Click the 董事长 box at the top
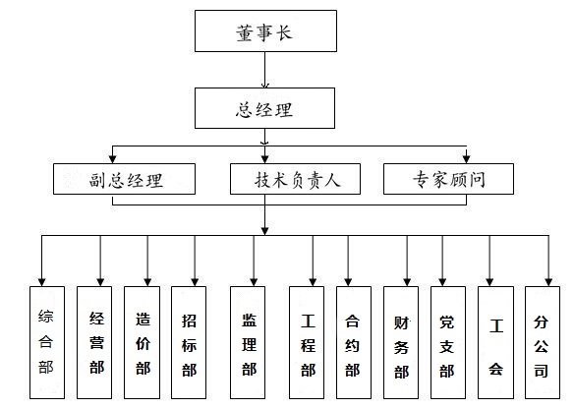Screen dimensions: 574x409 pos(265,31)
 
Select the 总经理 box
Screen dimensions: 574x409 pos(264,108)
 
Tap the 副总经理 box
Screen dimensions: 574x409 pos(124,179)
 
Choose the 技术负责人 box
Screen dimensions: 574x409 pos(295,179)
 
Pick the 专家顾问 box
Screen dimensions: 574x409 pos(448,179)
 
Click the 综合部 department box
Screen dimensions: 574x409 pos(47,342)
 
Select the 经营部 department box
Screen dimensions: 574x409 pos(94,342)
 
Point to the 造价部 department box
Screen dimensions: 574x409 pos(143,342)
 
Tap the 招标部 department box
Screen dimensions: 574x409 pos(189,342)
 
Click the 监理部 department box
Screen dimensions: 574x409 pos(248,342)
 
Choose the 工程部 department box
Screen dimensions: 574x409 pos(307,342)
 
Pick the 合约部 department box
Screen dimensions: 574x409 pos(354,342)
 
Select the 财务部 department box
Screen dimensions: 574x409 pos(401,342)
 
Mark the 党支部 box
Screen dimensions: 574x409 pos(448,342)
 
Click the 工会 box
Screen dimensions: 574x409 pos(496,342)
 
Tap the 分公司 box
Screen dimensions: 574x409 pos(543,342)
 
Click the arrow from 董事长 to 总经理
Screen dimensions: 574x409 pos(265,70)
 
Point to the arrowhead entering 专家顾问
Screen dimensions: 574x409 pos(466,159)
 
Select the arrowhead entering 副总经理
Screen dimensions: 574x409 pos(113,159)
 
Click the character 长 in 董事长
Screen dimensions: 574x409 pos(284,32)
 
